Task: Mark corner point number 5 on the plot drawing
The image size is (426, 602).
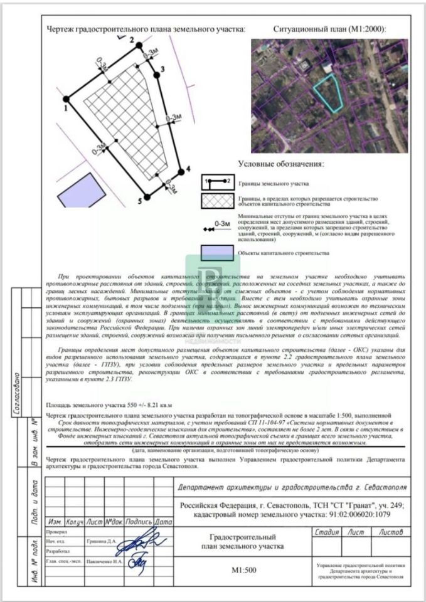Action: click(x=147, y=197)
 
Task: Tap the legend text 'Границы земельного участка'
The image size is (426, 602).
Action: click(x=274, y=185)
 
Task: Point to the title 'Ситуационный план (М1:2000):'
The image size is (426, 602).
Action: click(x=330, y=29)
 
